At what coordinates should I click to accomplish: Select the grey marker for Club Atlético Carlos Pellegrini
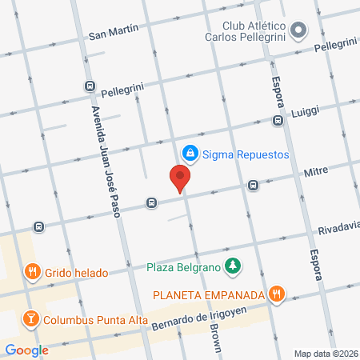click(x=299, y=31)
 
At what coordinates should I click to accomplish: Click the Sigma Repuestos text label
click(x=245, y=154)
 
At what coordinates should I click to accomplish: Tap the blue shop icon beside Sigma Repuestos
click(x=190, y=152)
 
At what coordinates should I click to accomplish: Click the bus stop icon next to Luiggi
click(x=278, y=122)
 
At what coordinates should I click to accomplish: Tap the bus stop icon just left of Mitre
click(x=253, y=185)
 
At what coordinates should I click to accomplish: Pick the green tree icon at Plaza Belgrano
click(x=233, y=265)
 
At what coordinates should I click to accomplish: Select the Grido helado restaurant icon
click(x=32, y=272)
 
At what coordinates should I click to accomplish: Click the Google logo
click(x=26, y=350)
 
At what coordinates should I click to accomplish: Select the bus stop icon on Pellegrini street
click(x=89, y=86)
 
